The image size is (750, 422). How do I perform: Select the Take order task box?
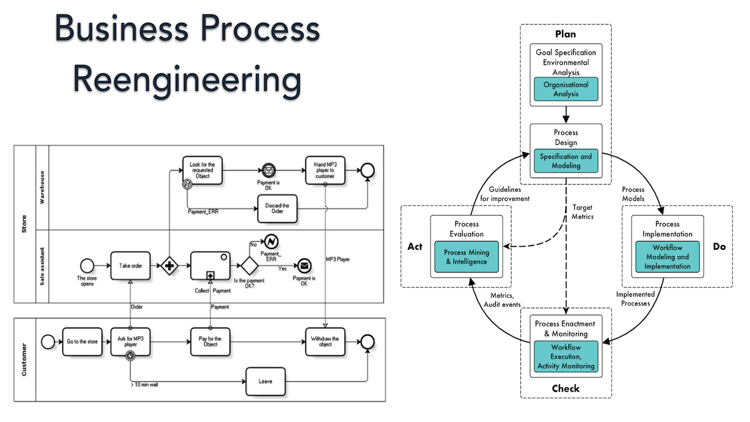pos(131,266)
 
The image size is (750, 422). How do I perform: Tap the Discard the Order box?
pos(278,209)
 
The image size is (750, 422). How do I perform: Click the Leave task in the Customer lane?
pos(265,382)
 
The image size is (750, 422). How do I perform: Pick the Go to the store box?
pos(82,341)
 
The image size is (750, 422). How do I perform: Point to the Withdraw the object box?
pos(325,341)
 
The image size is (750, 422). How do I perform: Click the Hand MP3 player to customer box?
pos(325,171)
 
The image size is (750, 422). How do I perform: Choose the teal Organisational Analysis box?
pos(565,89)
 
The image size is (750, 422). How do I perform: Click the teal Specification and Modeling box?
pos(565,161)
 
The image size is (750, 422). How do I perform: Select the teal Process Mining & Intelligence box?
pos(466,257)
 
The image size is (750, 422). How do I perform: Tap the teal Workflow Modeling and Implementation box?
pos(667,257)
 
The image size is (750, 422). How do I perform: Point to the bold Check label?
pos(565,389)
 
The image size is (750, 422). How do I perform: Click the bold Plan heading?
pos(565,34)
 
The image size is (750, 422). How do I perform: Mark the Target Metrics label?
pos(583,212)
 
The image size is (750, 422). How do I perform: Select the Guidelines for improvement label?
pos(505,194)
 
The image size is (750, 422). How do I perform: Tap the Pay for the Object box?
pos(210,341)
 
